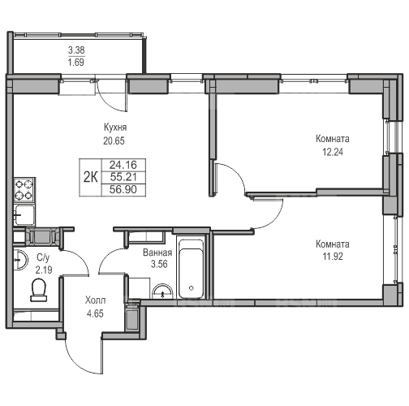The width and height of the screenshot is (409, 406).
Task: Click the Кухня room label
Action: [x=115, y=127]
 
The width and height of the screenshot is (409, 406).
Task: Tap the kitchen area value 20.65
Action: [x=114, y=141]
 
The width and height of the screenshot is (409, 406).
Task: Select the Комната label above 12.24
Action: [x=333, y=139]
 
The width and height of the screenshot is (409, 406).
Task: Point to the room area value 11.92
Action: [x=333, y=256]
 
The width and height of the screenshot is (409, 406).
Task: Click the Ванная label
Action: [x=157, y=253]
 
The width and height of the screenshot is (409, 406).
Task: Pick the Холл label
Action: [x=95, y=300]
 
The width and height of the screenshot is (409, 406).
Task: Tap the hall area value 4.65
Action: [x=95, y=313]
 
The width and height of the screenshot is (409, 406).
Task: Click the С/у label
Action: [x=43, y=258]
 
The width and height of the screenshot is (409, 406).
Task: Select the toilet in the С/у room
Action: [x=38, y=290]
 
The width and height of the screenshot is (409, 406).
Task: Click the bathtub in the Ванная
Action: [x=192, y=267]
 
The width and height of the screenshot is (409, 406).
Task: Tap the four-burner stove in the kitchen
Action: [x=24, y=190]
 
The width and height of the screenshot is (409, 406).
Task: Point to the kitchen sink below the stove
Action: [x=24, y=215]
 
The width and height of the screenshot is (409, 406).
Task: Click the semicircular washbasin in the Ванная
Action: [x=162, y=292]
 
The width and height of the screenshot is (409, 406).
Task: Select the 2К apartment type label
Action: [x=90, y=178]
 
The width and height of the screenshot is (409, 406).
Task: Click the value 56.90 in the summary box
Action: [x=123, y=189]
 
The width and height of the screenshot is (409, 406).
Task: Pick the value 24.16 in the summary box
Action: [x=123, y=165]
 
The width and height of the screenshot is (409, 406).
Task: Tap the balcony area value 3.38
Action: [x=76, y=50]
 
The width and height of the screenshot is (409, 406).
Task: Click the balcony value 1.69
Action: [x=76, y=63]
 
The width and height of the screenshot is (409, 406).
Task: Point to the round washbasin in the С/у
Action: [x=20, y=260]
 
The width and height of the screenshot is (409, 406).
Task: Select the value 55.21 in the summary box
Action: [x=123, y=177]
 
